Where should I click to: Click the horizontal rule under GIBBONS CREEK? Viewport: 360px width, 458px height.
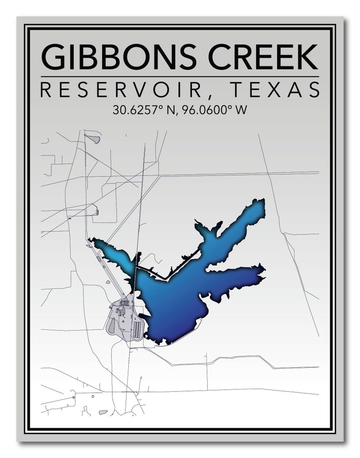(x=180, y=76)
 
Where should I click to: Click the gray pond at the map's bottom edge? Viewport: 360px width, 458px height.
(x=103, y=412)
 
